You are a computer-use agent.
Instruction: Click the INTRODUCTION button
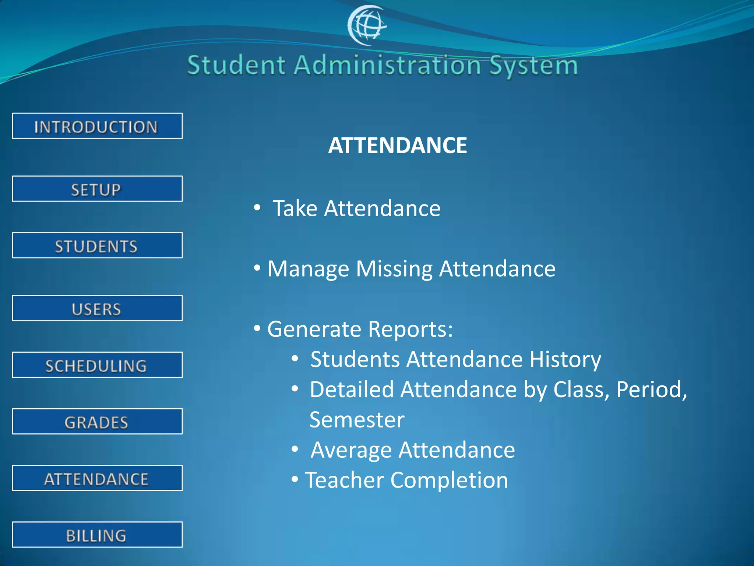pyautogui.click(x=97, y=126)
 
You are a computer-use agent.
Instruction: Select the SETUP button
pyautogui.click(x=97, y=189)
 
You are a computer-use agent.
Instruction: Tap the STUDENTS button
pyautogui.click(x=97, y=245)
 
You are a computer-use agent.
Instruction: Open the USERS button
pyautogui.click(x=97, y=308)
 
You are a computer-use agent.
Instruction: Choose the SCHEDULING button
pyautogui.click(x=97, y=365)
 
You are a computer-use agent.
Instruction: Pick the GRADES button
pyautogui.click(x=97, y=422)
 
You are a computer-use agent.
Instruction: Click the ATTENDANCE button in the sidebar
pyautogui.click(x=97, y=478)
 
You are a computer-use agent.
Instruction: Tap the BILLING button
pyautogui.click(x=97, y=535)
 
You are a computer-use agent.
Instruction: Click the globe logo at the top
pyautogui.click(x=367, y=25)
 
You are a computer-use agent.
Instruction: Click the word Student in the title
pyautogui.click(x=236, y=66)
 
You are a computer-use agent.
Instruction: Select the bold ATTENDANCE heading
pyautogui.click(x=398, y=145)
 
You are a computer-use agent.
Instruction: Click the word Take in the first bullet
pyautogui.click(x=295, y=209)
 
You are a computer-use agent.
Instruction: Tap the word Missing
pyautogui.click(x=394, y=269)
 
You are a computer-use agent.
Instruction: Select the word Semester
pyautogui.click(x=357, y=420)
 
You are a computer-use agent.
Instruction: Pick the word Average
pyautogui.click(x=351, y=450)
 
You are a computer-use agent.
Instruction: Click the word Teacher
pyautogui.click(x=345, y=481)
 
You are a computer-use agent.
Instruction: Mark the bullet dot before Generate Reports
pyautogui.click(x=257, y=328)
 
